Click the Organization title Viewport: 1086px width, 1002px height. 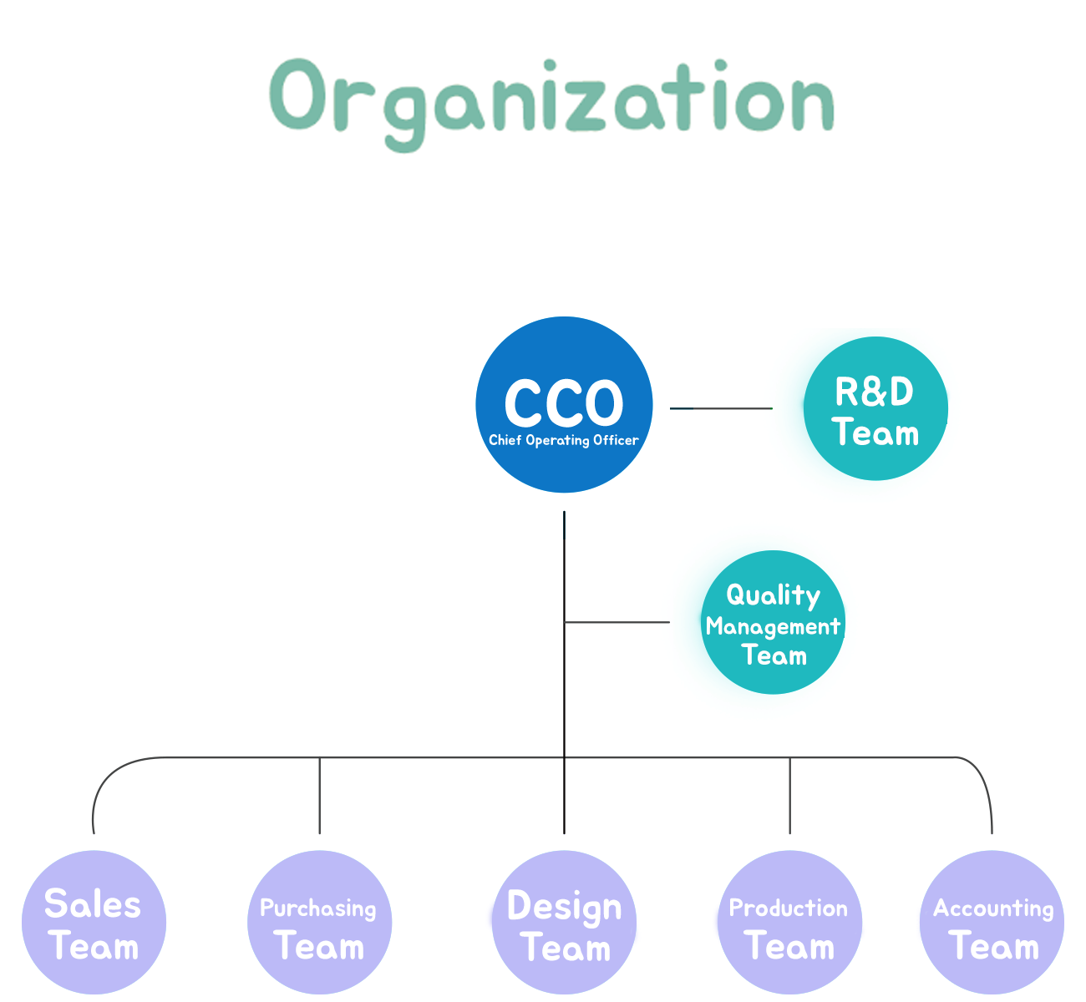coord(551,104)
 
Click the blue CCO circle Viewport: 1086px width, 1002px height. coord(564,404)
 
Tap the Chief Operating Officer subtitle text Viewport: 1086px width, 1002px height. coord(563,440)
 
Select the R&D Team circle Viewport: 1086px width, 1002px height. coord(875,408)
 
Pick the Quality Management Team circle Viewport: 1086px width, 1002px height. coord(773,622)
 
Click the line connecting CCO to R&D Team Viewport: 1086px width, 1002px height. coord(721,408)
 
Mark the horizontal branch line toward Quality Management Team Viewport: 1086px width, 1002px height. coord(617,622)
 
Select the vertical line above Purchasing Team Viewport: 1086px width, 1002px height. coord(319,796)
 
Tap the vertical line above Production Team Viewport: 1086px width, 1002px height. coord(789,796)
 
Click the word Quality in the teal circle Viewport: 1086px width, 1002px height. coord(773,595)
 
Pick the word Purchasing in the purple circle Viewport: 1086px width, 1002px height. coord(317,909)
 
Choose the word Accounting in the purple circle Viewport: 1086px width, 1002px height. coord(993,909)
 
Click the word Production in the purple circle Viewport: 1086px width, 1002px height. coord(788,908)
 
